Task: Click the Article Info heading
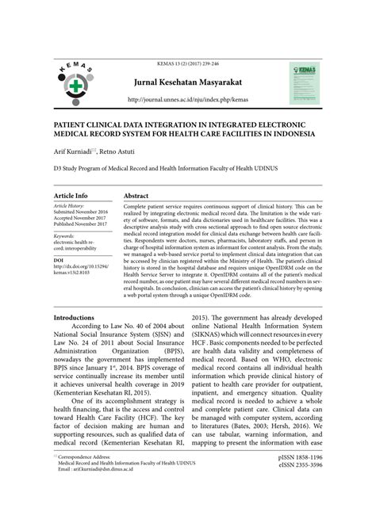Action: (71, 195)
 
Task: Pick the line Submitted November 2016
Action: (81, 212)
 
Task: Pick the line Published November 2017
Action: (81, 224)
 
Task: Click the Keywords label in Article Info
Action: (64, 235)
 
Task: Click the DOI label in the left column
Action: (59, 259)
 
